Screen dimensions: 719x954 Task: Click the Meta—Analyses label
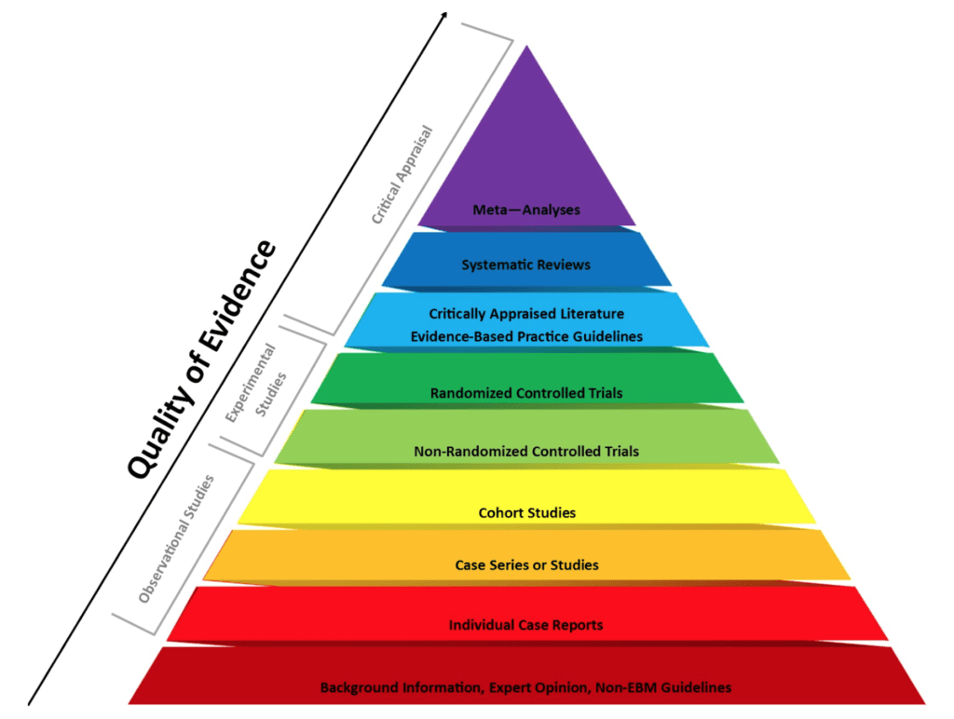[x=526, y=210]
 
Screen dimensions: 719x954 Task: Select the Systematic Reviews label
[x=526, y=265]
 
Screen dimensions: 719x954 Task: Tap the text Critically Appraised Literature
[x=526, y=314]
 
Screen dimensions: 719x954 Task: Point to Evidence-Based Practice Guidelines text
[x=526, y=336]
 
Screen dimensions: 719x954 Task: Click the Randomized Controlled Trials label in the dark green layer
[x=526, y=393]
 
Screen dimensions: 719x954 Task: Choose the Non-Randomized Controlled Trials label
[x=526, y=452]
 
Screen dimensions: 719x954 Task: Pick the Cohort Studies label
[x=526, y=512]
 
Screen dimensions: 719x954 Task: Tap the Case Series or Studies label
[x=526, y=565]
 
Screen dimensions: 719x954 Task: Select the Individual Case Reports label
[x=526, y=625]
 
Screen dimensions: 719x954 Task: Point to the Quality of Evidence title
[x=201, y=359]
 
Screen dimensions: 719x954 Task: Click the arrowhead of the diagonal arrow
[x=443, y=16]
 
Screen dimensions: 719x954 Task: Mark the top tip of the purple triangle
[x=527, y=47]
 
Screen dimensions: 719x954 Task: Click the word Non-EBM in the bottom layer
[x=623, y=687]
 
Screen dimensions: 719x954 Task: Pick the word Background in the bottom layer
[x=358, y=687]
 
